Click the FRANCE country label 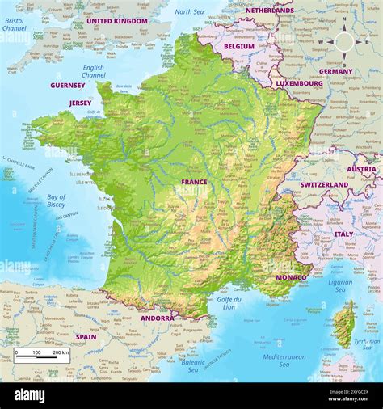pos(194,182)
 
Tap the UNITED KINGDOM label pos(116,21)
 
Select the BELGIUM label pos(239,47)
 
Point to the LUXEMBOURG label pos(299,82)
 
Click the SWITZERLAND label pos(324,184)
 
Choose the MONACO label pos(291,277)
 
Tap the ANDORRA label pos(157,318)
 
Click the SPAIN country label pos(86,336)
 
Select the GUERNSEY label pos(68,85)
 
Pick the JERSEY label pos(80,103)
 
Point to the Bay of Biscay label pos(57,200)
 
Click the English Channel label pos(93,72)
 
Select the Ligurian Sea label pos(339,286)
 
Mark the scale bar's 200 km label pos(61,352)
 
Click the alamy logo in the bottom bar pos(40,394)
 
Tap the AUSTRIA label pos(361,170)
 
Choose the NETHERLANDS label pos(270,11)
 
